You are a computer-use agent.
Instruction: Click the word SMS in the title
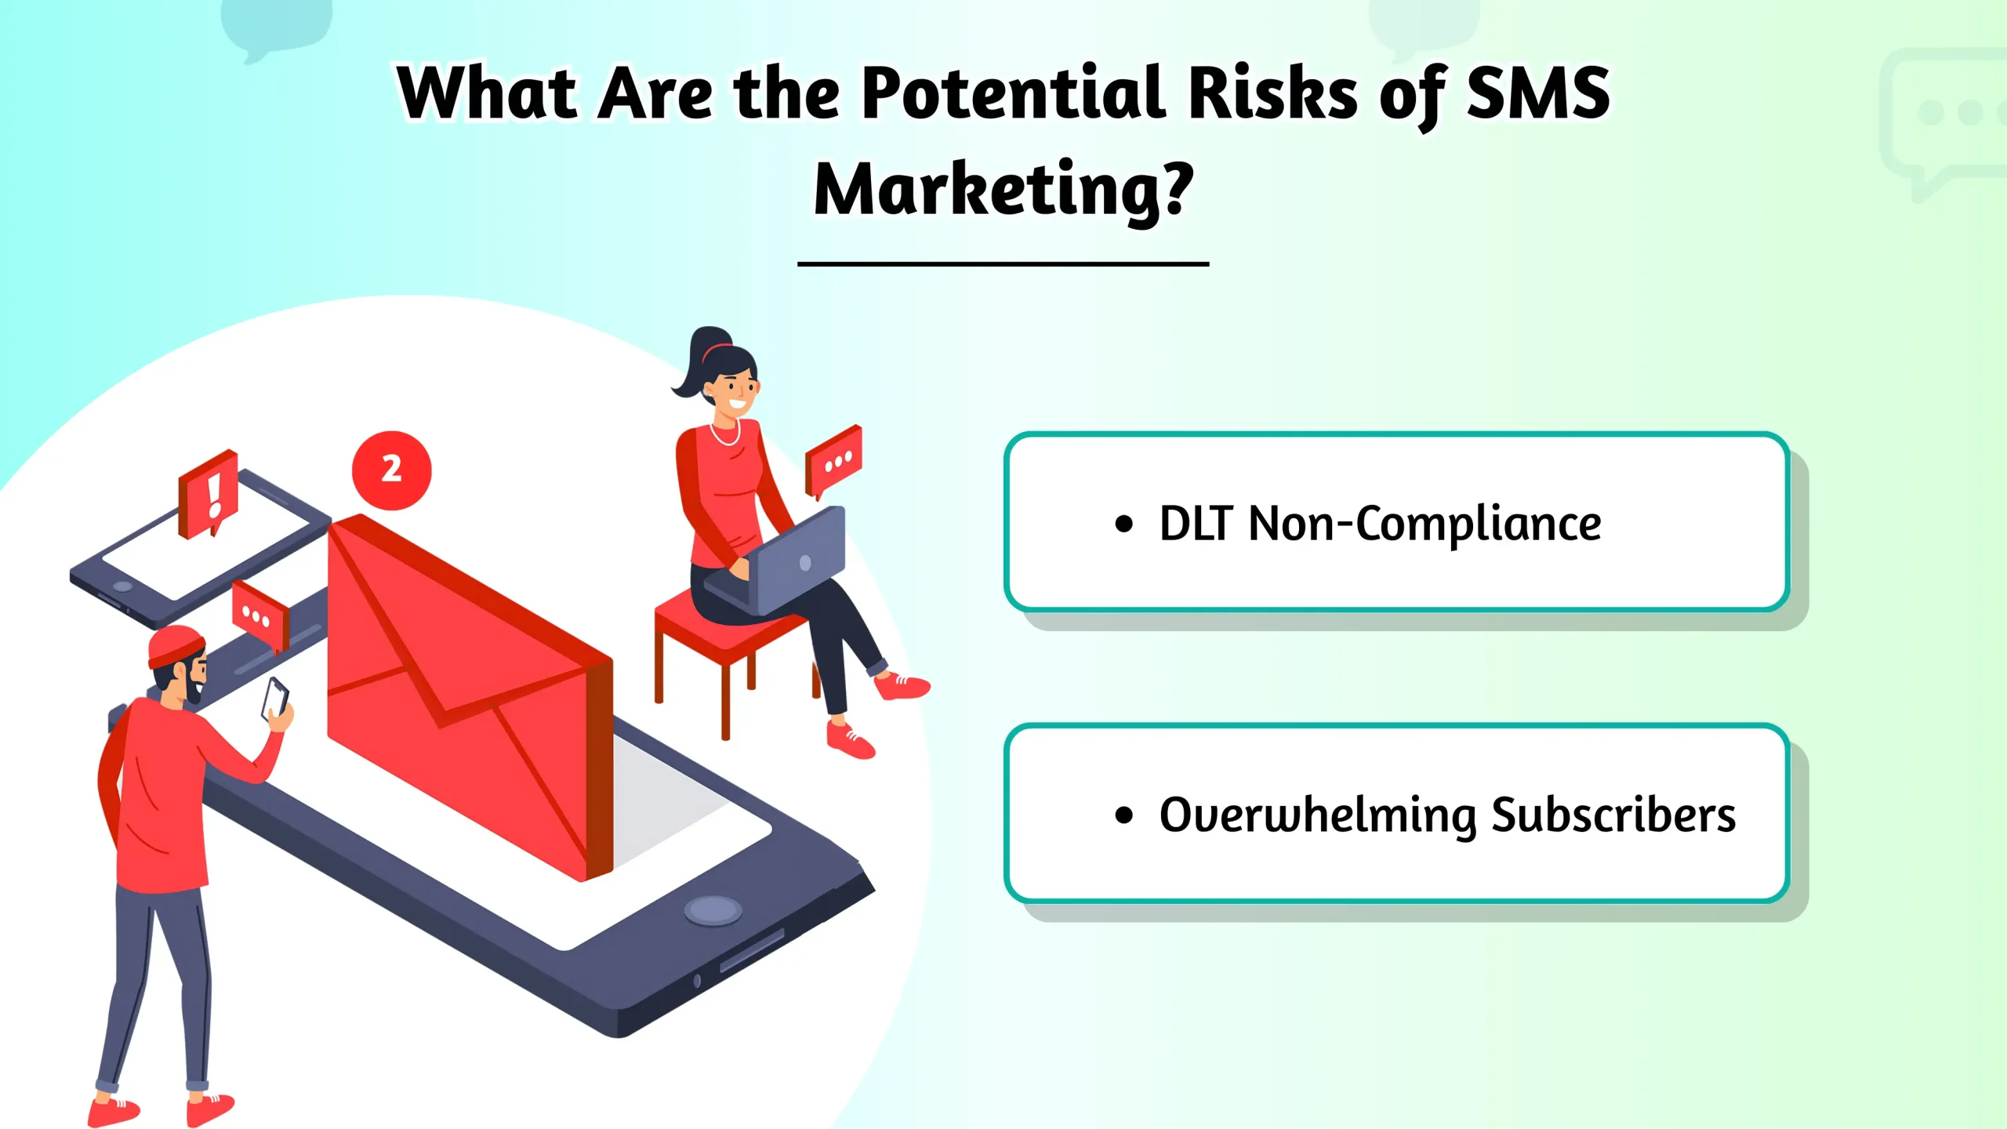click(1537, 94)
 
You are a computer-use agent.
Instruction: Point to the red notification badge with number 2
click(391, 470)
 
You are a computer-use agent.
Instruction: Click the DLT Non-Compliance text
click(1380, 524)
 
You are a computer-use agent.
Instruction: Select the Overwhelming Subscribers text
click(1447, 815)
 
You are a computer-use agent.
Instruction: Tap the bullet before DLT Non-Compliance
click(1124, 525)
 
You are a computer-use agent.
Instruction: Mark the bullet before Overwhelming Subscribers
click(1124, 815)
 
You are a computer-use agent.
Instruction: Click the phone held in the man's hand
click(274, 697)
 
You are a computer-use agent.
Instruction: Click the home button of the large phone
click(713, 910)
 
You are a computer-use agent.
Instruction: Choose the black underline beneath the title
click(1003, 264)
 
